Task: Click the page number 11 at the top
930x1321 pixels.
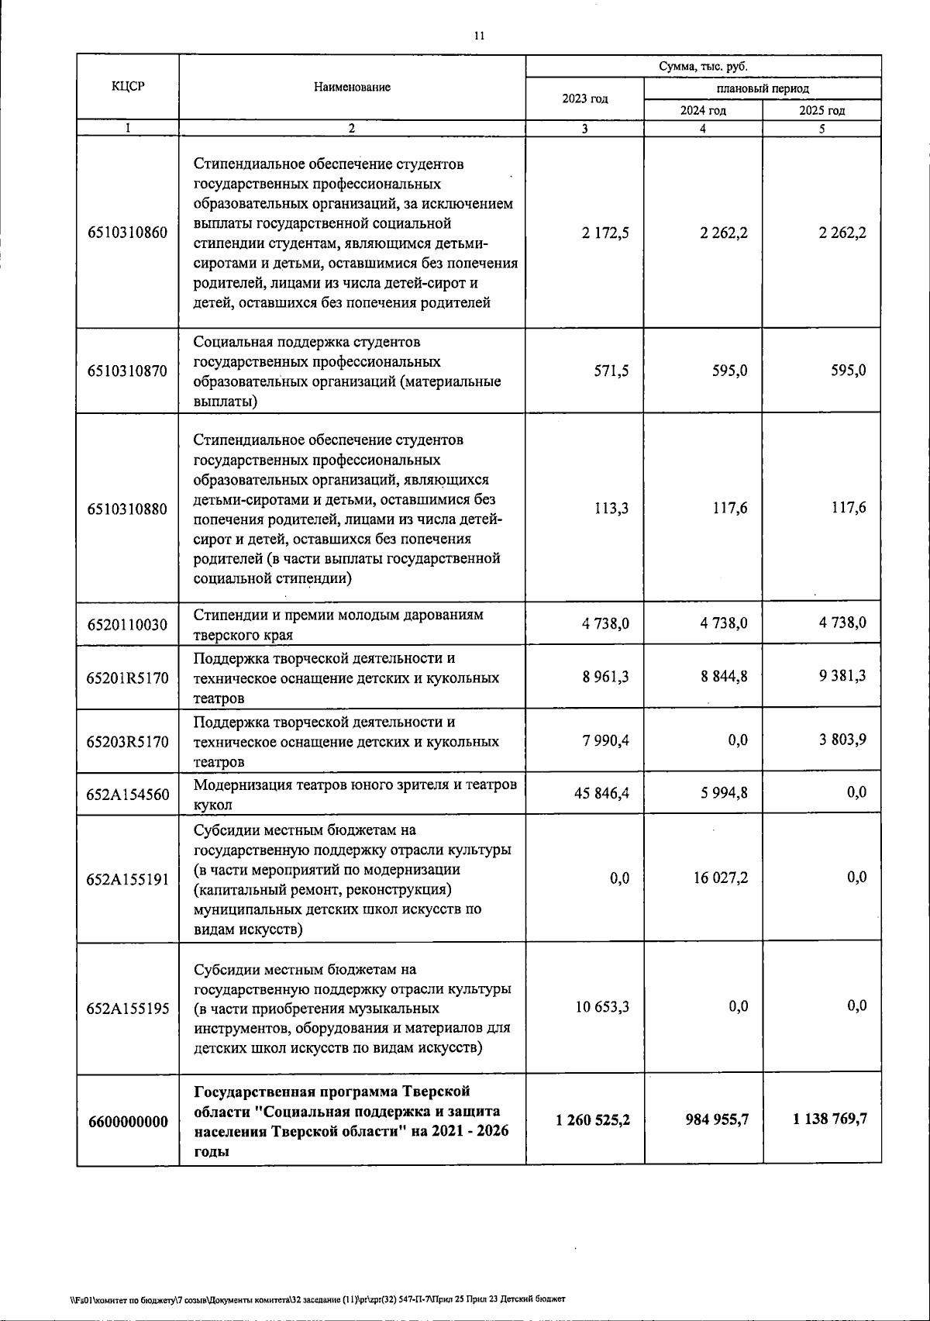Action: pyautogui.click(x=478, y=36)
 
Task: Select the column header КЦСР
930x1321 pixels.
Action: pyautogui.click(x=128, y=87)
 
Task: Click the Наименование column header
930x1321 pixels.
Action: pyautogui.click(x=352, y=87)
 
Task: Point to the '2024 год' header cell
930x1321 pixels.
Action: pyautogui.click(x=703, y=110)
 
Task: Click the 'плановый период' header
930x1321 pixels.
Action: pyautogui.click(x=762, y=88)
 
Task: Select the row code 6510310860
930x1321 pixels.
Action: pyautogui.click(x=128, y=233)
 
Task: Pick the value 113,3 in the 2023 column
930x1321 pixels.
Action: pyautogui.click(x=611, y=509)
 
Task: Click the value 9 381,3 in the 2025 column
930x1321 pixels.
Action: pyautogui.click(x=842, y=676)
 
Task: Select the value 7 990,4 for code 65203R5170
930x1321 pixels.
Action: pyautogui.click(x=606, y=740)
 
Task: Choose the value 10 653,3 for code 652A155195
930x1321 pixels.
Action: pyautogui.click(x=601, y=1006)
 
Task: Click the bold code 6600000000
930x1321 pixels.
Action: pyautogui.click(x=128, y=1121)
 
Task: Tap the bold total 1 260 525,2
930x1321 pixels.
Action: pyautogui.click(x=593, y=1119)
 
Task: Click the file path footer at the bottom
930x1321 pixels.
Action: pyautogui.click(x=317, y=1299)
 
